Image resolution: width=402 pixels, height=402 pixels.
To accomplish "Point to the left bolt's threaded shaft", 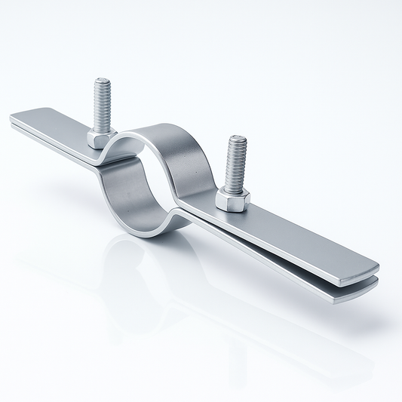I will [x=103, y=106].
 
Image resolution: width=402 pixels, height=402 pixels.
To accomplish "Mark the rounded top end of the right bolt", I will [x=238, y=139].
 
